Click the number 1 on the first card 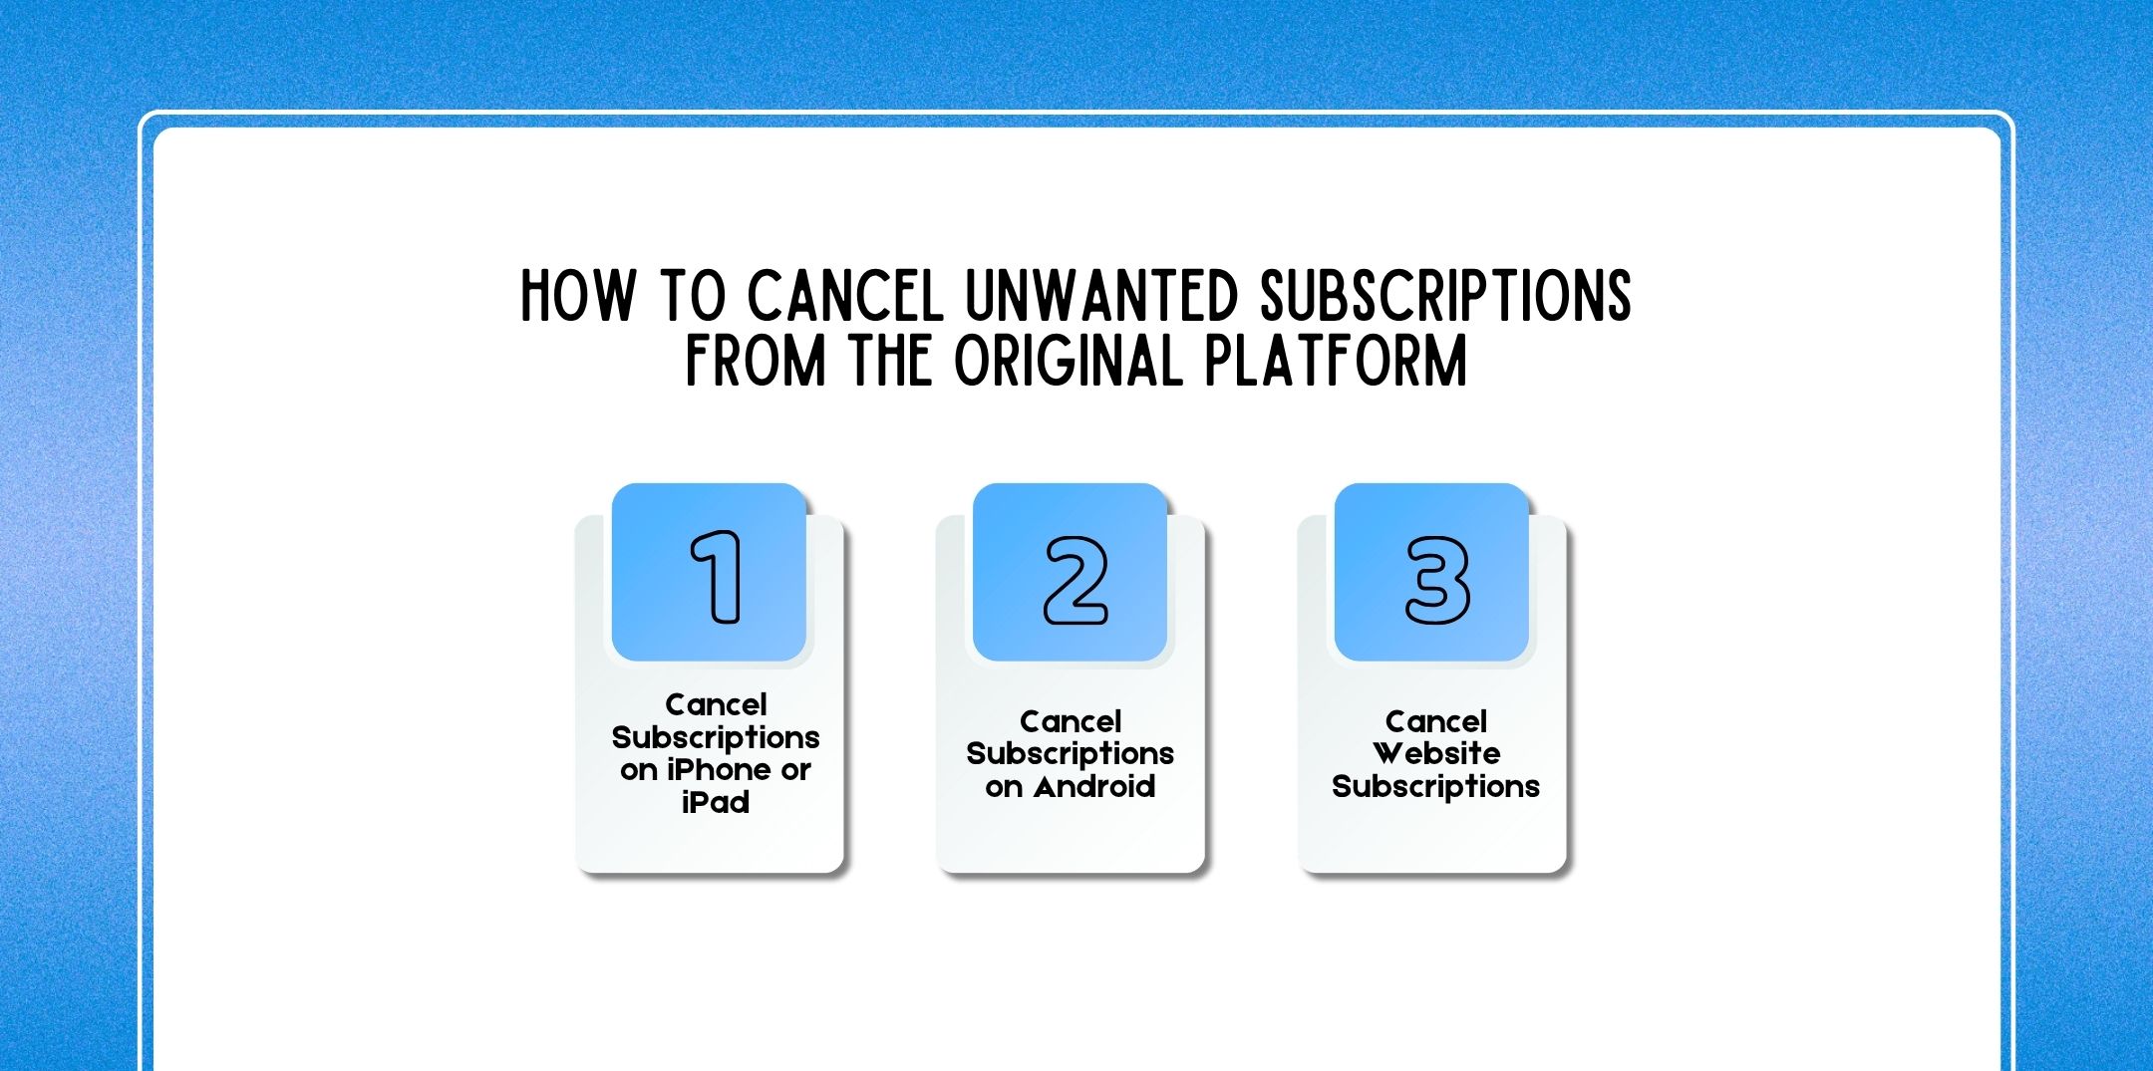pos(717,577)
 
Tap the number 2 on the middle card pos(1075,581)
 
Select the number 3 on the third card pos(1436,581)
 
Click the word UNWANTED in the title pos(1101,296)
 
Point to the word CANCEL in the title pos(845,296)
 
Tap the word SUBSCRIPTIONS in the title pos(1445,296)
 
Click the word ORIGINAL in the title pos(1068,361)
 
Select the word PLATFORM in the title pos(1336,361)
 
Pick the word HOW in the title pos(578,296)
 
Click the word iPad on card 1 pos(716,802)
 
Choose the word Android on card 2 pos(1094,786)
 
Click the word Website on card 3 pos(1436,753)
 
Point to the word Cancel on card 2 pos(1071,721)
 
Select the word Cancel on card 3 pos(1436,721)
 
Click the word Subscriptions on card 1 pos(716,738)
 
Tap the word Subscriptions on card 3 pos(1436,786)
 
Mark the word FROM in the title pos(756,361)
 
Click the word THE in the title pos(890,361)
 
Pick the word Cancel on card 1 pos(716,705)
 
